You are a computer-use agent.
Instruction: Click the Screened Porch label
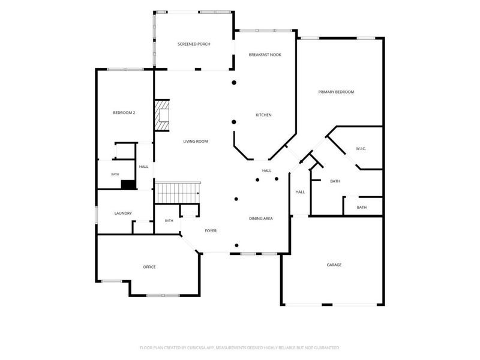(194, 44)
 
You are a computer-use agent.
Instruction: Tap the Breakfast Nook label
(265, 55)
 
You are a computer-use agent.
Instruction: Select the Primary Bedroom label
(336, 92)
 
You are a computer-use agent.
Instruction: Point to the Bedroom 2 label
(124, 113)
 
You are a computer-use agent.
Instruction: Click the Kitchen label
(263, 115)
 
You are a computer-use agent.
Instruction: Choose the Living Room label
(196, 142)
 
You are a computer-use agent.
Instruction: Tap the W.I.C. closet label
(361, 149)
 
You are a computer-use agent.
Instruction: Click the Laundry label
(123, 214)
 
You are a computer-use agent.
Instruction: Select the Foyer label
(211, 231)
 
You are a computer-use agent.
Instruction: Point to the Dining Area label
(261, 218)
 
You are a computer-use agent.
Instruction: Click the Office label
(149, 267)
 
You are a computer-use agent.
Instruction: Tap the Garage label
(334, 265)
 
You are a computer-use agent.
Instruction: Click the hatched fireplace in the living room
(162, 115)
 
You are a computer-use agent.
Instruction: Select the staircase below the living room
(178, 193)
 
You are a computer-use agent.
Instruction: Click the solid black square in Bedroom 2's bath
(128, 185)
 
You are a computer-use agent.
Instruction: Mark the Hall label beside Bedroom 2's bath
(143, 167)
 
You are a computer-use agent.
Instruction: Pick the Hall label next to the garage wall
(300, 192)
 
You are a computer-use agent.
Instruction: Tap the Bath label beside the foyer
(169, 221)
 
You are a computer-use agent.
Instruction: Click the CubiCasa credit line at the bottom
(239, 348)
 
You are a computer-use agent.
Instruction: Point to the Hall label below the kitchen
(266, 171)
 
